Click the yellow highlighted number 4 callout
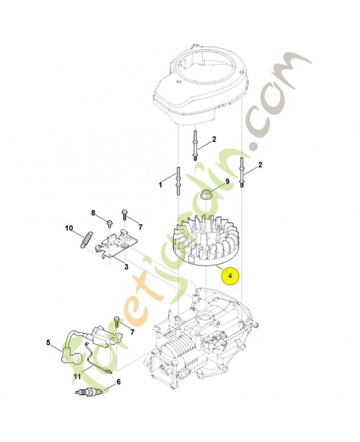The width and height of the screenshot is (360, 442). coord(230,275)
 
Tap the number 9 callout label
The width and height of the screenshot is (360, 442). coord(226,181)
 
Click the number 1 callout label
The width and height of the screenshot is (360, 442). coord(161,185)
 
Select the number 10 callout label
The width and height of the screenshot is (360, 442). coord(69,228)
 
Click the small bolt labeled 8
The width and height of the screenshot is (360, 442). coord(110,223)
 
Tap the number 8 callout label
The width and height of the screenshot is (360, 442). coord(93,213)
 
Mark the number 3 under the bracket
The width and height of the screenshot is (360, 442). coord(126,267)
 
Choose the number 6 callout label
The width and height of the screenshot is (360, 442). coord(119,381)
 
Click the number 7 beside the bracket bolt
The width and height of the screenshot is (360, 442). coord(140,227)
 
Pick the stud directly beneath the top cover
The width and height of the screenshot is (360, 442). coord(196,145)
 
